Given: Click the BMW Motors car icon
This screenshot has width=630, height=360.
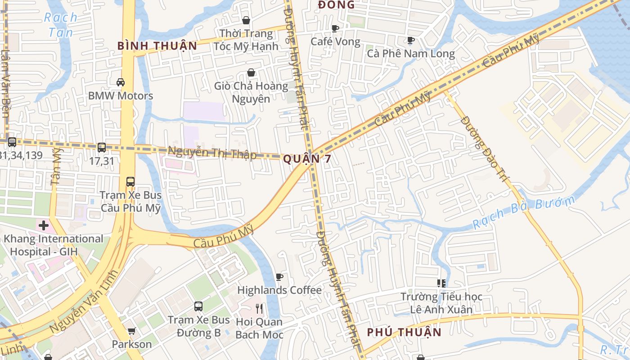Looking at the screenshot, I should pyautogui.click(x=121, y=82).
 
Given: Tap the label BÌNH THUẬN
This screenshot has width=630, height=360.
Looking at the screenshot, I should pyautogui.click(x=157, y=46).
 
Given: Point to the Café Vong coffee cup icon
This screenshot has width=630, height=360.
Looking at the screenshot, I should pyautogui.click(x=335, y=29).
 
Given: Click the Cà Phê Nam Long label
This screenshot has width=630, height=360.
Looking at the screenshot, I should pyautogui.click(x=411, y=54).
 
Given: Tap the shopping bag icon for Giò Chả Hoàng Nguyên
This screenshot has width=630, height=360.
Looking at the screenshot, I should pyautogui.click(x=251, y=72).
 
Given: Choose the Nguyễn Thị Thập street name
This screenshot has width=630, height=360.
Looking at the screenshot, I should pyautogui.click(x=212, y=153).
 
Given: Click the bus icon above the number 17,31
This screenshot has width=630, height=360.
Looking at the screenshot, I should pyautogui.click(x=102, y=147).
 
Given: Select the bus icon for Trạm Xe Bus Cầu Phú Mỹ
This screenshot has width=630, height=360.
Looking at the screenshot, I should pyautogui.click(x=130, y=182).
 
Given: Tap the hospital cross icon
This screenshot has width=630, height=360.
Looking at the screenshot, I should pyautogui.click(x=44, y=225).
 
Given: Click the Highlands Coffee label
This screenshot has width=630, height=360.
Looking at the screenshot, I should pyautogui.click(x=279, y=290).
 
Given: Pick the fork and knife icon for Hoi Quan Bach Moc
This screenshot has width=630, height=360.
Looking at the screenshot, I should pyautogui.click(x=259, y=309).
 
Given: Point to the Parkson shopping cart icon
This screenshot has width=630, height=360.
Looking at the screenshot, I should pyautogui.click(x=131, y=331).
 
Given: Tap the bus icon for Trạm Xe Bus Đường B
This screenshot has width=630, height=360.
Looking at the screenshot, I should pyautogui.click(x=198, y=306).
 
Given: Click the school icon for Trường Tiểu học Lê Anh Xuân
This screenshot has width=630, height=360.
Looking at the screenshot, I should pyautogui.click(x=441, y=283).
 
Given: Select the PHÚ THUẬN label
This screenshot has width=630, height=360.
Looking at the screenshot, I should pyautogui.click(x=404, y=333).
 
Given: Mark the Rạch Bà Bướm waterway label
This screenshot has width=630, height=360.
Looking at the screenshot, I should pyautogui.click(x=524, y=213).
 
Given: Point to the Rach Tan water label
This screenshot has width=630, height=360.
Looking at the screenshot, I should pyautogui.click(x=61, y=25).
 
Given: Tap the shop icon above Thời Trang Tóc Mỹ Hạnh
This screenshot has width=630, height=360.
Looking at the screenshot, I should pyautogui.click(x=246, y=20).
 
